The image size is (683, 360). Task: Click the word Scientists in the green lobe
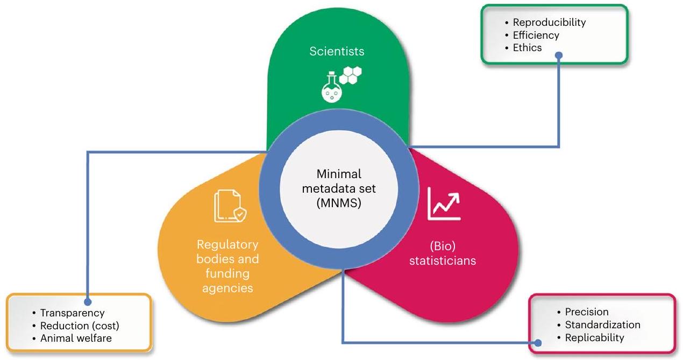click(x=337, y=52)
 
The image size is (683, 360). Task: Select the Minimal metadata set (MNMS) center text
click(x=339, y=188)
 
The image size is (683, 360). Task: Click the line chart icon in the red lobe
click(x=444, y=204)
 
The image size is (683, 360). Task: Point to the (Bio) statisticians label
click(x=443, y=254)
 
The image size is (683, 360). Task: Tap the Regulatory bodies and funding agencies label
click(x=227, y=266)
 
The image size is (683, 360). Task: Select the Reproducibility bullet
click(x=549, y=23)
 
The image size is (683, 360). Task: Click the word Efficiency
click(x=536, y=35)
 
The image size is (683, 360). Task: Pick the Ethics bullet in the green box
click(x=527, y=48)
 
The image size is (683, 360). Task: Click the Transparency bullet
click(x=72, y=313)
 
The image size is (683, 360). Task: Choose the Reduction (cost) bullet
click(x=80, y=326)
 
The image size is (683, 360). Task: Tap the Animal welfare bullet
click(x=75, y=338)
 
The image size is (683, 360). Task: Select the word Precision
click(x=586, y=312)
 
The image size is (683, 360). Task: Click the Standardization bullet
click(x=602, y=324)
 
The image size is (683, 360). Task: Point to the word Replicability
click(x=594, y=337)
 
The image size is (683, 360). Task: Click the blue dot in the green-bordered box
click(x=559, y=54)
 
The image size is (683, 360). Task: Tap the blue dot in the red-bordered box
click(x=538, y=342)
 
